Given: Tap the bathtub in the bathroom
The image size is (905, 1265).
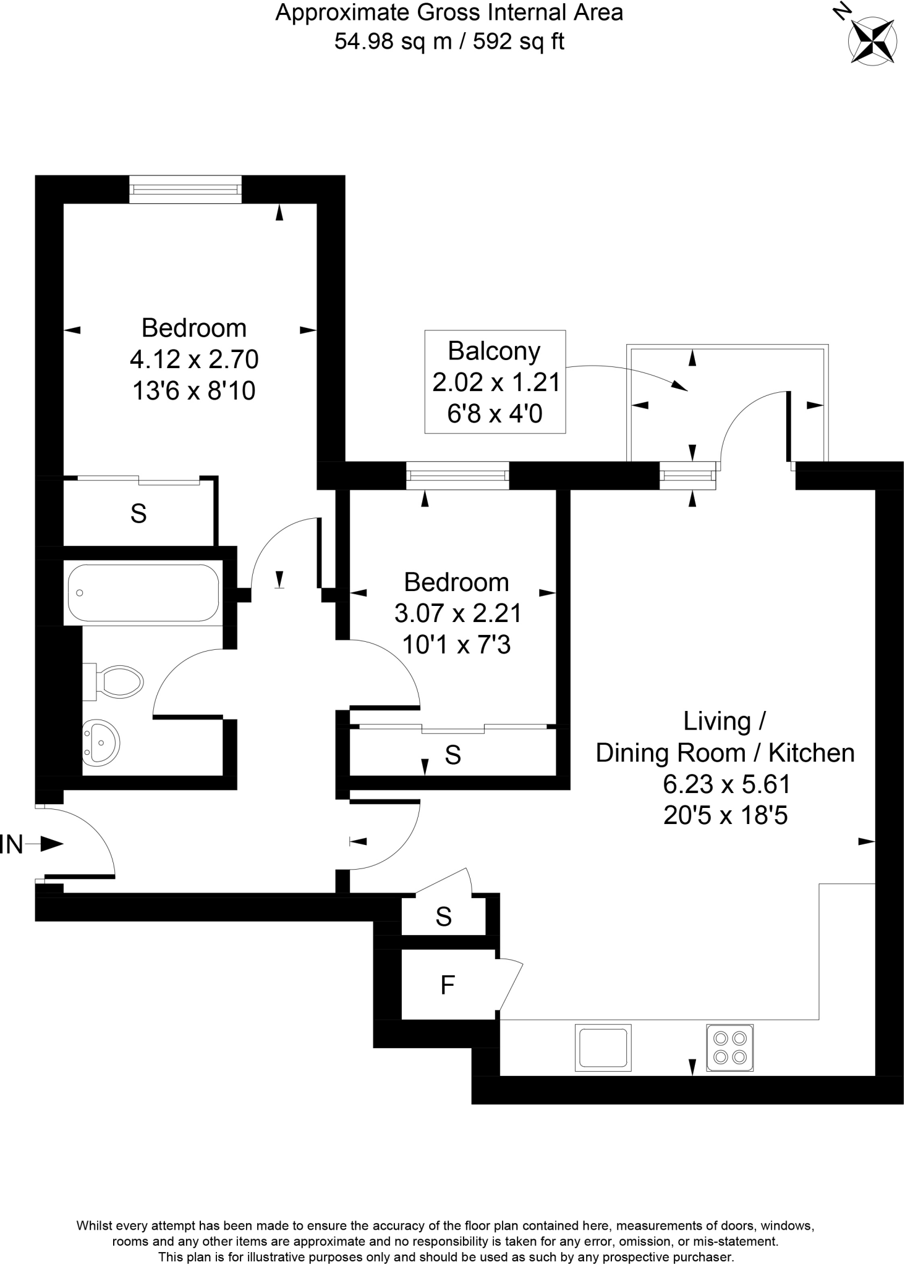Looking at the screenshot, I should point(143,592).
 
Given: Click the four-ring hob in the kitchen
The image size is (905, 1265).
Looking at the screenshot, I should point(730,1048).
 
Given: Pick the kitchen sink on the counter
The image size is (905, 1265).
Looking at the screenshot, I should point(603,1048).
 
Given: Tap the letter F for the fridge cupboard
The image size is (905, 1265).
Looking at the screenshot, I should point(447,985).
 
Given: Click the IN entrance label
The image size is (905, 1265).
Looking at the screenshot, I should point(12,844).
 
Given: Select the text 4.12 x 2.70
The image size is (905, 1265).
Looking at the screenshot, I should point(193,359).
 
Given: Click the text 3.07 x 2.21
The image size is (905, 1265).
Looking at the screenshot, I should point(457,613).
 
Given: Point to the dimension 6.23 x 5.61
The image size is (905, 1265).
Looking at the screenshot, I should point(726,784).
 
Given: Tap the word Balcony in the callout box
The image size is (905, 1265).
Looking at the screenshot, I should point(494,351).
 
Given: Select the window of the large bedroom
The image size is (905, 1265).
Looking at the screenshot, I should point(185,189).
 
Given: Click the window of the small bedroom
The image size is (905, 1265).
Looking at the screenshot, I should point(457,476).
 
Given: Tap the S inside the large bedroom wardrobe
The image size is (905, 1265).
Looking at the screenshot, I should point(138,513).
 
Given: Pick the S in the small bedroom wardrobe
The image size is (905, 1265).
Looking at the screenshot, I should point(453,755).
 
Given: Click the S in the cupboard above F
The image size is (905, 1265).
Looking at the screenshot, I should point(443,917).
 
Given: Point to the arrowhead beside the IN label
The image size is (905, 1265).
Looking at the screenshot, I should point(53,844).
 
